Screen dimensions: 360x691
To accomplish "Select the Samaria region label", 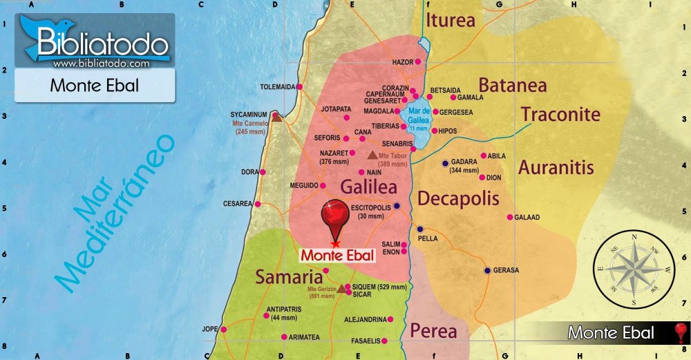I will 290,277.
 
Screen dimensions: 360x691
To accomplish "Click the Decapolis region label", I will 458,199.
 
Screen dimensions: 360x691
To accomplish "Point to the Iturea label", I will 451,20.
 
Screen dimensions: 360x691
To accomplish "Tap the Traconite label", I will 560,114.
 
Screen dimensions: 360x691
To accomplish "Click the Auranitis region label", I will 556,167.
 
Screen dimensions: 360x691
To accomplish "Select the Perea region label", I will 433,331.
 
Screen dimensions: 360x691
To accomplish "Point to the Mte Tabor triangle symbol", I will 373,155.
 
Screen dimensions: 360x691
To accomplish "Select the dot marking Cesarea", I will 258,205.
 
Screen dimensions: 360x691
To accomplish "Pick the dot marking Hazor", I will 418,62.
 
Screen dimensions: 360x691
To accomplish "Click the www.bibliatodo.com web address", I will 101,64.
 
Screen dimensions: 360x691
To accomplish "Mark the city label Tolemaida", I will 277,87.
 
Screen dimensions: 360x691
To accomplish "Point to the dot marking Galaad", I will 510,217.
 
